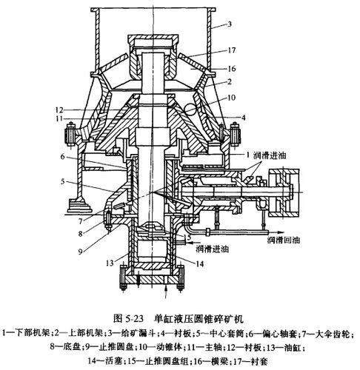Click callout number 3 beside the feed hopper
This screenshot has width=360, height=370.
[x=230, y=24]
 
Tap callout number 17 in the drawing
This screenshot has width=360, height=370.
[x=232, y=50]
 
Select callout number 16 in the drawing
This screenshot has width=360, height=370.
[x=232, y=68]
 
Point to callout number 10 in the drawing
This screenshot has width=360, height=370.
[x=231, y=98]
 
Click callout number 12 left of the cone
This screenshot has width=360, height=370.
[x=59, y=110]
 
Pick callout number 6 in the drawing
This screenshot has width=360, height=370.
[x=62, y=156]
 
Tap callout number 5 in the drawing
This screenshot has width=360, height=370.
[x=62, y=181]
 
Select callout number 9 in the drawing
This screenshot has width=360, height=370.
[x=80, y=252]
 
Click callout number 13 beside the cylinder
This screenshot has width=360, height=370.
[x=110, y=263]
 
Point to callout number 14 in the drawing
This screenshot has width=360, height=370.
[x=200, y=264]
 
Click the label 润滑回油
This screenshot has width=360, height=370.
[x=284, y=240]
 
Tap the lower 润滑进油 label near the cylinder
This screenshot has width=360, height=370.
[x=213, y=249]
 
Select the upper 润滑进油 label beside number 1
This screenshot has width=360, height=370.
[x=270, y=155]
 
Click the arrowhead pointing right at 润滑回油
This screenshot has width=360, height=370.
[x=279, y=232]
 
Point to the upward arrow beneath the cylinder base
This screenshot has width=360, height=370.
[x=167, y=292]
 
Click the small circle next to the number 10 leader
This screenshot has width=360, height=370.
[x=190, y=108]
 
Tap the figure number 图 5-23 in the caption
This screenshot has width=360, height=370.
[x=128, y=319]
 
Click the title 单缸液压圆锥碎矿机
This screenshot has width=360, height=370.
[x=199, y=319]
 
